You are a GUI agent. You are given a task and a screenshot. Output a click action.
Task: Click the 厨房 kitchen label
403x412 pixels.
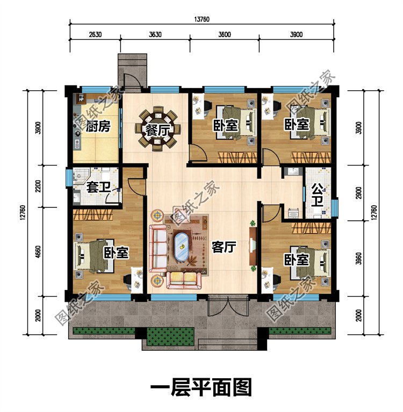97,127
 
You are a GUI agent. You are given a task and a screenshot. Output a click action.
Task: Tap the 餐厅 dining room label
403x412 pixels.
159,129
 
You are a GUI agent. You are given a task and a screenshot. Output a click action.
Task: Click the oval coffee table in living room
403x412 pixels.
183,247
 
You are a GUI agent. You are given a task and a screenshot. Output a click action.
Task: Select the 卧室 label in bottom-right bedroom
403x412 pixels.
297,260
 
